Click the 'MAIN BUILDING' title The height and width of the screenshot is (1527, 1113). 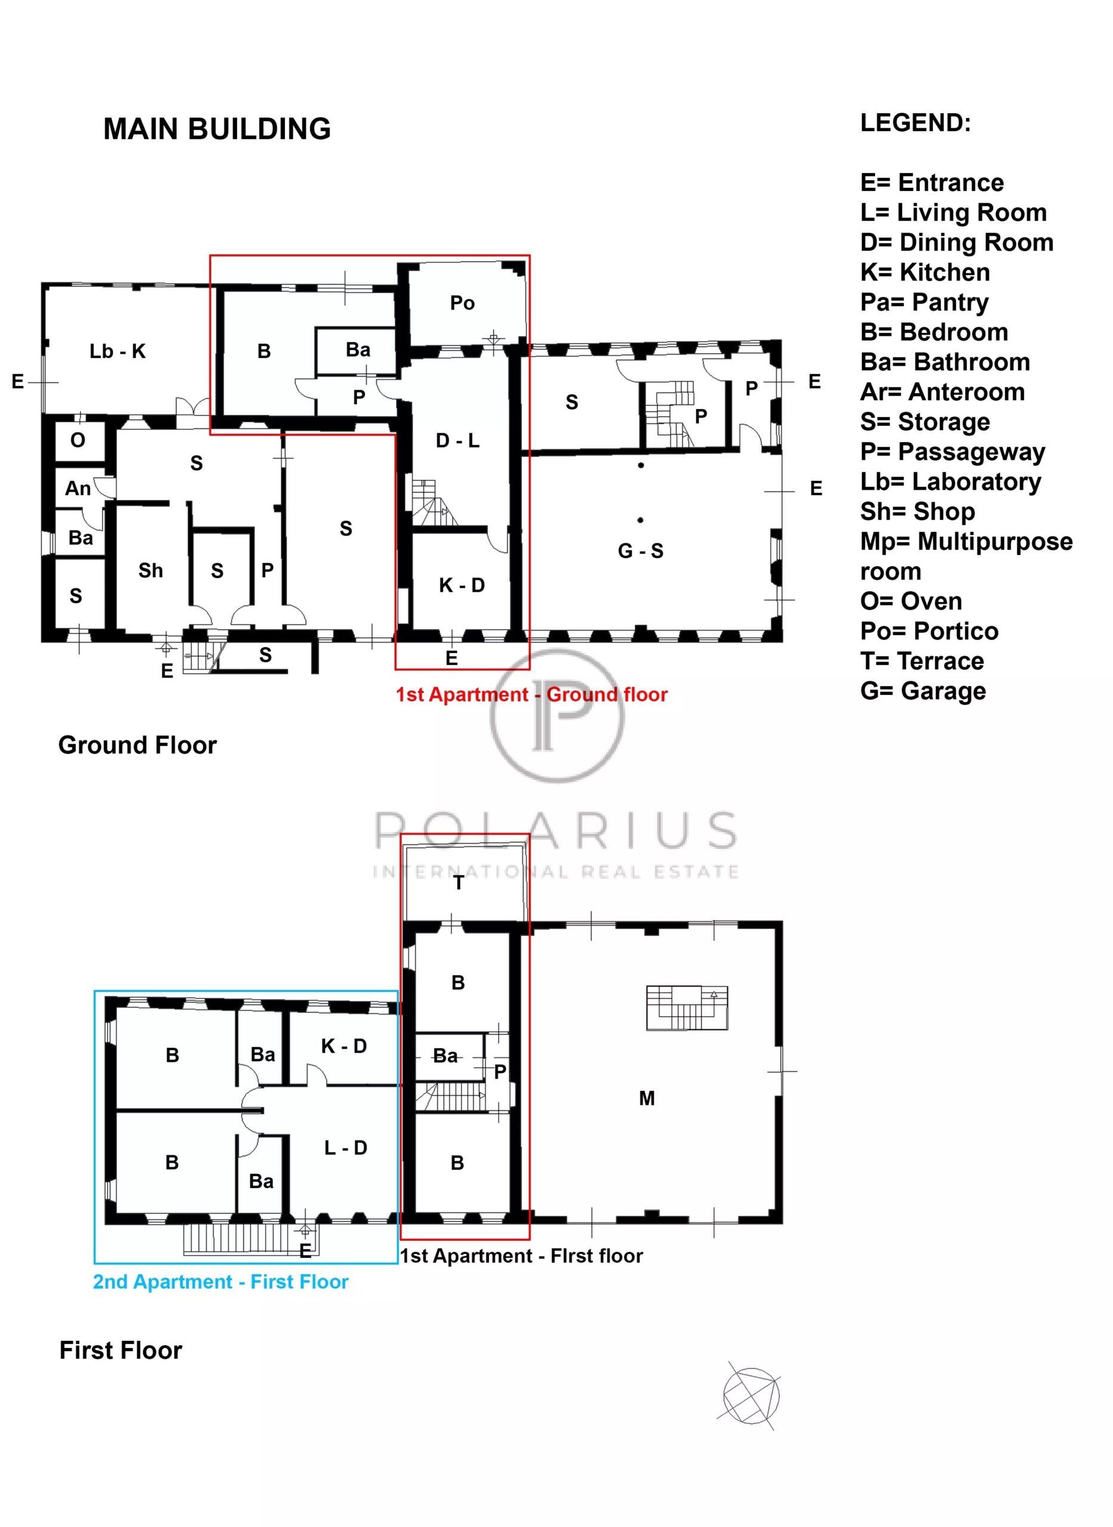click(217, 129)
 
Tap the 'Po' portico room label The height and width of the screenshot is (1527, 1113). click(462, 304)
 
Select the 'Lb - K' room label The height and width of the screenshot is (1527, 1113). click(117, 351)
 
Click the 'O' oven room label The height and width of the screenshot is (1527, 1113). click(77, 440)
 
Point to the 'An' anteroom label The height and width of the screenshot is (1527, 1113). click(77, 488)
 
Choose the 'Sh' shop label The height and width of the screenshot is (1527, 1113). click(150, 571)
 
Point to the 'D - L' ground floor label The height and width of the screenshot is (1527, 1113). click(457, 441)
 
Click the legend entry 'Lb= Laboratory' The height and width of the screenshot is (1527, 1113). click(951, 482)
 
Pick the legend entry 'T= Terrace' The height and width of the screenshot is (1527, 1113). click(922, 662)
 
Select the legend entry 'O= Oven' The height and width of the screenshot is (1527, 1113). click(911, 601)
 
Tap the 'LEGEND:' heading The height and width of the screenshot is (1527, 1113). click(916, 123)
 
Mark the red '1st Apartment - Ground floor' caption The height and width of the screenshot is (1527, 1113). click(532, 695)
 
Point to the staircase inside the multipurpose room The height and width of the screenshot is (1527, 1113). click(687, 1009)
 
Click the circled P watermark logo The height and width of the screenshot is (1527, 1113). click(557, 716)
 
